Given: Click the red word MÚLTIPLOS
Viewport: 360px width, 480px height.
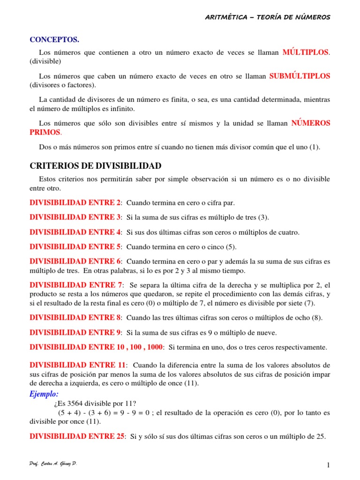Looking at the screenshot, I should coord(306,52).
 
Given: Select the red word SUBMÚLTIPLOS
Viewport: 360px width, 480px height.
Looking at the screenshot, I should coord(300,75).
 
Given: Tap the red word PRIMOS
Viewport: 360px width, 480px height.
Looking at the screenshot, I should coord(45,132).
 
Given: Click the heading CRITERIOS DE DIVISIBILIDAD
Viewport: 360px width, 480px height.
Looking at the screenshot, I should coord(96,165).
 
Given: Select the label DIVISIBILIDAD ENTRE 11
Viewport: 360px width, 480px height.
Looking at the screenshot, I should coord(78,365).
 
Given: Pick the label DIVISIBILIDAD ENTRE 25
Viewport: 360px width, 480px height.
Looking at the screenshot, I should coord(77,436).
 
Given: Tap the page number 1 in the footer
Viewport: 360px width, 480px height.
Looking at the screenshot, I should coord(329,465).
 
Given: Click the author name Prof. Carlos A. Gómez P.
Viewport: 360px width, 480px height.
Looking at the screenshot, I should coord(53,463).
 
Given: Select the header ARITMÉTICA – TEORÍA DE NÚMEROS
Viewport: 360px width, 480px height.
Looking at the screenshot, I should coord(268,17).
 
